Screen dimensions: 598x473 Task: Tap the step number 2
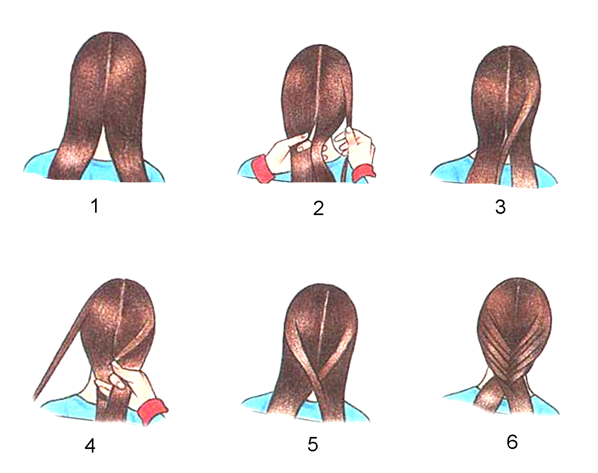(x=318, y=208)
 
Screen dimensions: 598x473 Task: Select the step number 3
(x=501, y=207)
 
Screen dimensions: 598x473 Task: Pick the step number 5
(x=312, y=444)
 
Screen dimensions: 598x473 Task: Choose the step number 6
(x=512, y=442)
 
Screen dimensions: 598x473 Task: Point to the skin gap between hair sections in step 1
(x=103, y=144)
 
